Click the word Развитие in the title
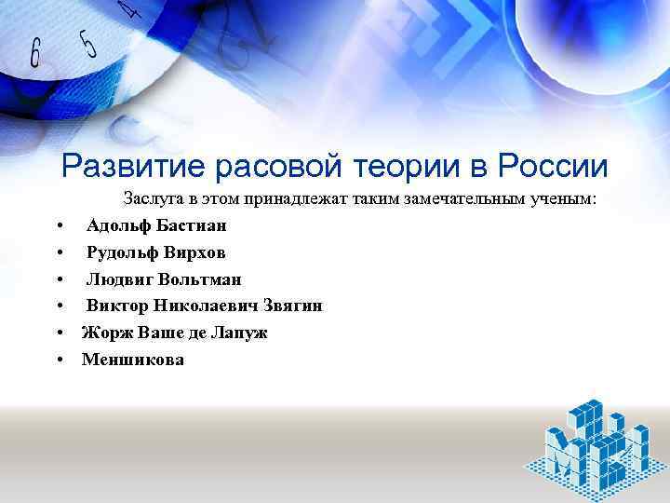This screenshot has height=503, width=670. pos(129,167)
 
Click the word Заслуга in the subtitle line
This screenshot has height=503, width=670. pos(154,199)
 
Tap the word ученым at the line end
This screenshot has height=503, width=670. pos(563,199)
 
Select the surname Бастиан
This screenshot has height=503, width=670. pos(191,225)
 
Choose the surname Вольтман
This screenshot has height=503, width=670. pos(200,279)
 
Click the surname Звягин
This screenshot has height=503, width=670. pos(293,306)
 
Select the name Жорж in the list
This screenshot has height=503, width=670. pos(101,333)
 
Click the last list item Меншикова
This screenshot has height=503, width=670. pos(133,360)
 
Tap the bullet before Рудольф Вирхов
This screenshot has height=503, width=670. pos(59,253)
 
